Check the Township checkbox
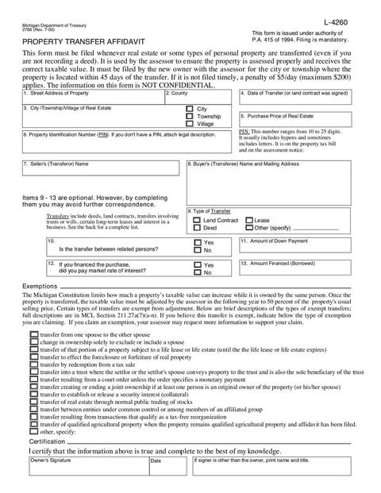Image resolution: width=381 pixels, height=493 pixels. pos(189,116)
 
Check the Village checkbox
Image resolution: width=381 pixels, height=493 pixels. pos(189,124)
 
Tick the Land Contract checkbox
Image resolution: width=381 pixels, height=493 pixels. pos(198,220)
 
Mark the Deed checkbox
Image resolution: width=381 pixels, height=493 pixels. pos(198,228)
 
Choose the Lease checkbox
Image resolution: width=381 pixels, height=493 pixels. pos(249,220)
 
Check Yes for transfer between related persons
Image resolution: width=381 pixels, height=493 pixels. pos(198,242)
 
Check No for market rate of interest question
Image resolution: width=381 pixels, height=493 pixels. pos(198,272)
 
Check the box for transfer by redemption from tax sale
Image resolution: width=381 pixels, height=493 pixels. pos(34,364)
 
